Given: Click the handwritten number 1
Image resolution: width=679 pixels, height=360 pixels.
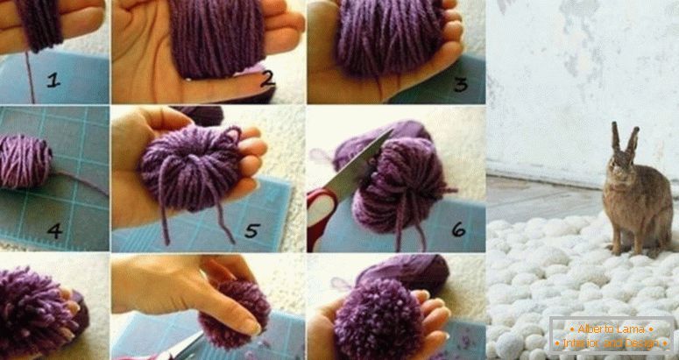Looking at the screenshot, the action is tap(53, 80).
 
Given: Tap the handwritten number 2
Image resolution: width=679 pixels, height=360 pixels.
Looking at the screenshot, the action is tap(267, 78).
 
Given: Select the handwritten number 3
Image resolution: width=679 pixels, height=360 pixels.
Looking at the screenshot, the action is tap(460, 83).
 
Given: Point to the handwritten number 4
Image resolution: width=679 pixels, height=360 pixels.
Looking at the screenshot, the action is tap(54, 230).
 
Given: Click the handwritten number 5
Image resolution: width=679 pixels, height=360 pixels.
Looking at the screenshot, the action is tap(252, 230).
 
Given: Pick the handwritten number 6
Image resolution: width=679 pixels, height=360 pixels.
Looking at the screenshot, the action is tap(458, 229).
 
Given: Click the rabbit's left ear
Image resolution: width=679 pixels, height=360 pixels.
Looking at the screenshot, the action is tap(615, 138).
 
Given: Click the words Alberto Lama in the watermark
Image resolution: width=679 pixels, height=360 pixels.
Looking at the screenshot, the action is tap(611, 328).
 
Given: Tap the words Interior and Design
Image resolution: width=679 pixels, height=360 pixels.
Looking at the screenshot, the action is tap(611, 343).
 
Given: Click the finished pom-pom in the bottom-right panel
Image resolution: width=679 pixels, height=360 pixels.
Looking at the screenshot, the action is tap(378, 321).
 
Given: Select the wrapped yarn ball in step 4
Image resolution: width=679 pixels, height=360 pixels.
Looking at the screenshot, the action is tap(25, 160).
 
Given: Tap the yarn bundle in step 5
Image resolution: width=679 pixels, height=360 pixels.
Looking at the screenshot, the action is tap(190, 169).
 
